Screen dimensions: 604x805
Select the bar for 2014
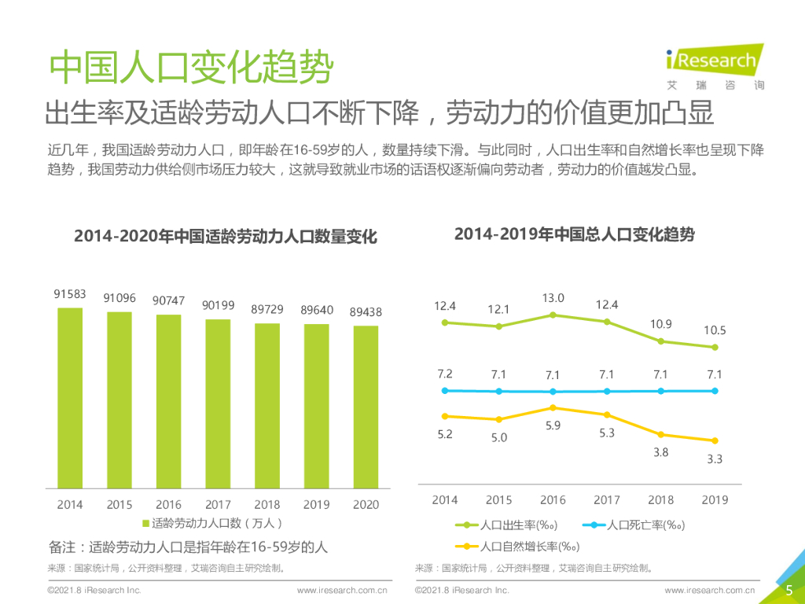pyautogui.click(x=70, y=397)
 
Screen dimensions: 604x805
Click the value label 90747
pyautogui.click(x=169, y=300)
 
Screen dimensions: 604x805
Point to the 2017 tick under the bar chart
pyautogui.click(x=218, y=504)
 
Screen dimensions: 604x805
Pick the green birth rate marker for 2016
pyautogui.click(x=553, y=315)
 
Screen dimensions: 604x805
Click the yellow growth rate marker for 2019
pyautogui.click(x=715, y=440)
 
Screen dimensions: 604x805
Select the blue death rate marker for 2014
pyautogui.click(x=445, y=390)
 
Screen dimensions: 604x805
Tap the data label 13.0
pyautogui.click(x=553, y=298)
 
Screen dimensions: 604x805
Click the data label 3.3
pyautogui.click(x=714, y=459)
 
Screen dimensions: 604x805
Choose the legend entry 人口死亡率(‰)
pyautogui.click(x=634, y=525)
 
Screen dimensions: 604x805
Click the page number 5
pyautogui.click(x=788, y=590)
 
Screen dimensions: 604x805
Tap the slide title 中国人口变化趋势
pyautogui.click(x=191, y=69)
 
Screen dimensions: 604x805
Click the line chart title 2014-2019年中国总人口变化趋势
pyautogui.click(x=575, y=234)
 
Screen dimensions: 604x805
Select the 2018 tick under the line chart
pyautogui.click(x=660, y=499)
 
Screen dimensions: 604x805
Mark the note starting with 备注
pyautogui.click(x=188, y=547)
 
